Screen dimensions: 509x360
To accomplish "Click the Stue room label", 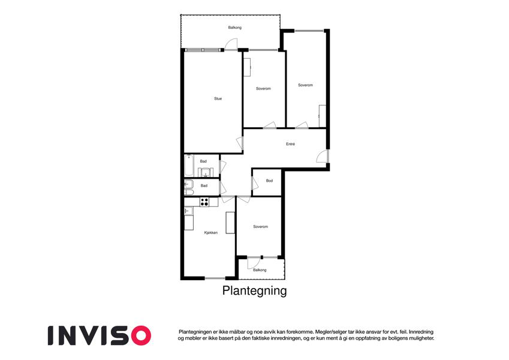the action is point(218,99).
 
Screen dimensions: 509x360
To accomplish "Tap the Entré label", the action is point(291,144).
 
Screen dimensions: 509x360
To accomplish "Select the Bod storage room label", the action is point(269,181).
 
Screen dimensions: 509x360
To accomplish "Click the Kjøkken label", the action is point(211,233).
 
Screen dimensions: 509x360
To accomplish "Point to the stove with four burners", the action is point(204,202).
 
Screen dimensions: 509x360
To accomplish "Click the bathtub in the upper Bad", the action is point(189,166).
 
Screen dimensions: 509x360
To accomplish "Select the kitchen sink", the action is point(189,212).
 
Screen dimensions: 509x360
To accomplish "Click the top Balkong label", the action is point(234,28).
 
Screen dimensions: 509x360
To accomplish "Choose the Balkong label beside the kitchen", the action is point(260,270).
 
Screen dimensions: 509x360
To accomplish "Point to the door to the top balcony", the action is point(231,44).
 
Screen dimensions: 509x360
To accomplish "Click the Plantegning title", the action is point(254,290).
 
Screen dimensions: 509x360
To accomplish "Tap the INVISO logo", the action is point(100,335).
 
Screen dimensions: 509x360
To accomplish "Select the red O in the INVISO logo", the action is point(140,335).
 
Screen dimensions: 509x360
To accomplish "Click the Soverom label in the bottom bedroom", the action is point(261,227).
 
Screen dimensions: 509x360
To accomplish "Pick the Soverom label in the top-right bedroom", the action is point(306,85).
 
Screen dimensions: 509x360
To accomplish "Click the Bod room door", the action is point(255,183).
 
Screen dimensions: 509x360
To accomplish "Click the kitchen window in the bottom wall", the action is point(215,278).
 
